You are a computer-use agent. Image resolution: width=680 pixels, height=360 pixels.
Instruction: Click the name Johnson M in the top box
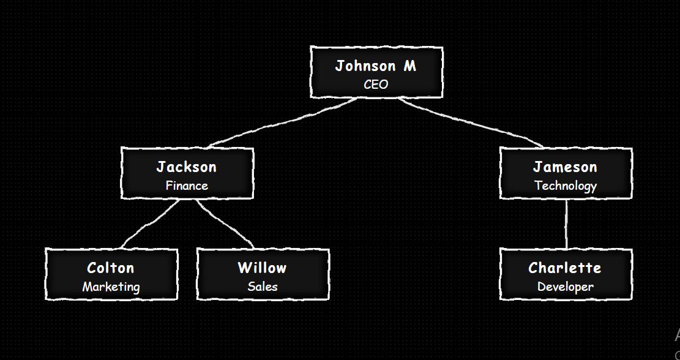[x=375, y=66]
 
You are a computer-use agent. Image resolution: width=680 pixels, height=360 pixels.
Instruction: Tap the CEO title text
[x=376, y=84]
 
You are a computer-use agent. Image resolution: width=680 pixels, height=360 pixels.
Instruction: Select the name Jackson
[x=187, y=167]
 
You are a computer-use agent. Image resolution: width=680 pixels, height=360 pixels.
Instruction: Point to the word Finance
[x=187, y=186]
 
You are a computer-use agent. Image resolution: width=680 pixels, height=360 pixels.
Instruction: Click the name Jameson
[x=565, y=167]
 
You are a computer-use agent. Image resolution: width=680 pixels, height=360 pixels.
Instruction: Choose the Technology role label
[x=565, y=186]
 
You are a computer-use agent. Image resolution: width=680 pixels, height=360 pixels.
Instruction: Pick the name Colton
[x=111, y=268]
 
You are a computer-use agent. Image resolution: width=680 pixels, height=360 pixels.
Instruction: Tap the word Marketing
[x=111, y=287]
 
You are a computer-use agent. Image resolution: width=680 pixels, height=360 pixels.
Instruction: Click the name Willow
[x=263, y=268]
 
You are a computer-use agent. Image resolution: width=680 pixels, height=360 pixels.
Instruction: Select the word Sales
[x=263, y=287]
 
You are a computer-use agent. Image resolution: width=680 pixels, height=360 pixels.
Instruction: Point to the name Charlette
[x=565, y=268]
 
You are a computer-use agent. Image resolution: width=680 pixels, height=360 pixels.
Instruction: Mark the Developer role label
[x=565, y=287]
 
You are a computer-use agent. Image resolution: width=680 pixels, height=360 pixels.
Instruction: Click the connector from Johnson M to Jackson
[x=282, y=123]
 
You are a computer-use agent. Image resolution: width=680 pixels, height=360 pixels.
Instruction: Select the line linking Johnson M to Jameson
[x=471, y=123]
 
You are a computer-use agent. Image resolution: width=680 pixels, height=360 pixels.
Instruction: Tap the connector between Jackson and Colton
[x=150, y=224]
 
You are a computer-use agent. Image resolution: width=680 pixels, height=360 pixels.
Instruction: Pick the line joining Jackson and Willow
[x=225, y=224]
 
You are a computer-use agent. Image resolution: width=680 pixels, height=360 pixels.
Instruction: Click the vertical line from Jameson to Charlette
[x=566, y=224]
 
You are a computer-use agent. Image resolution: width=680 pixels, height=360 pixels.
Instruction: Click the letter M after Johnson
[x=409, y=66]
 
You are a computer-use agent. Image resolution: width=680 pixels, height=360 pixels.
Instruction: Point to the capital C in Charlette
[x=534, y=268]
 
